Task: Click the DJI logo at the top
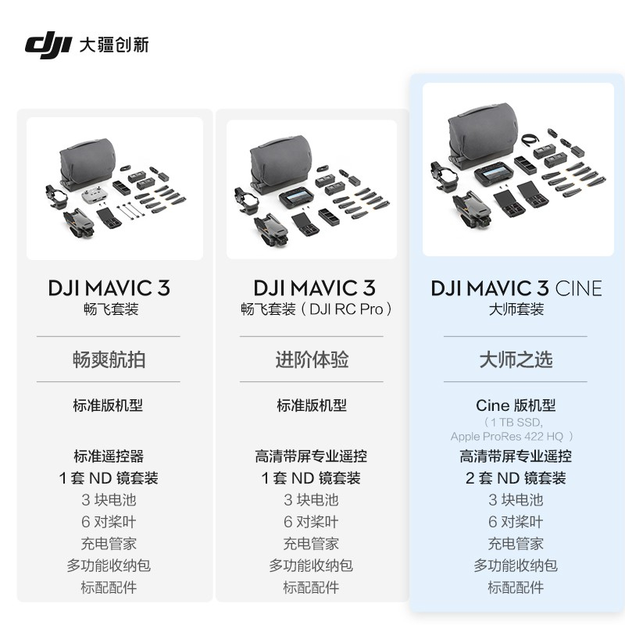[48, 46]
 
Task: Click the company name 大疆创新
[114, 45]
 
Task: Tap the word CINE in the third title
[578, 288]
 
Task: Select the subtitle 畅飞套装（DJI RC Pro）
[316, 309]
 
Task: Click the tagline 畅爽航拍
[109, 359]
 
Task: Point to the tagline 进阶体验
[312, 359]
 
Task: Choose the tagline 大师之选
[516, 359]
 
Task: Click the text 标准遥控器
[109, 456]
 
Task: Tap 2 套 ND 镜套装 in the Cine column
[516, 478]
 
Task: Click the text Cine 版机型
[516, 405]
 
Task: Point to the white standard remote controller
[92, 195]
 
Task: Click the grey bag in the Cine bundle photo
[482, 135]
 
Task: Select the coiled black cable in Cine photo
[530, 141]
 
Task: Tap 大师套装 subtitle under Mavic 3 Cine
[516, 309]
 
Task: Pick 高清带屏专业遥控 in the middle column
[311, 456]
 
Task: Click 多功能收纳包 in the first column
[109, 565]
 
